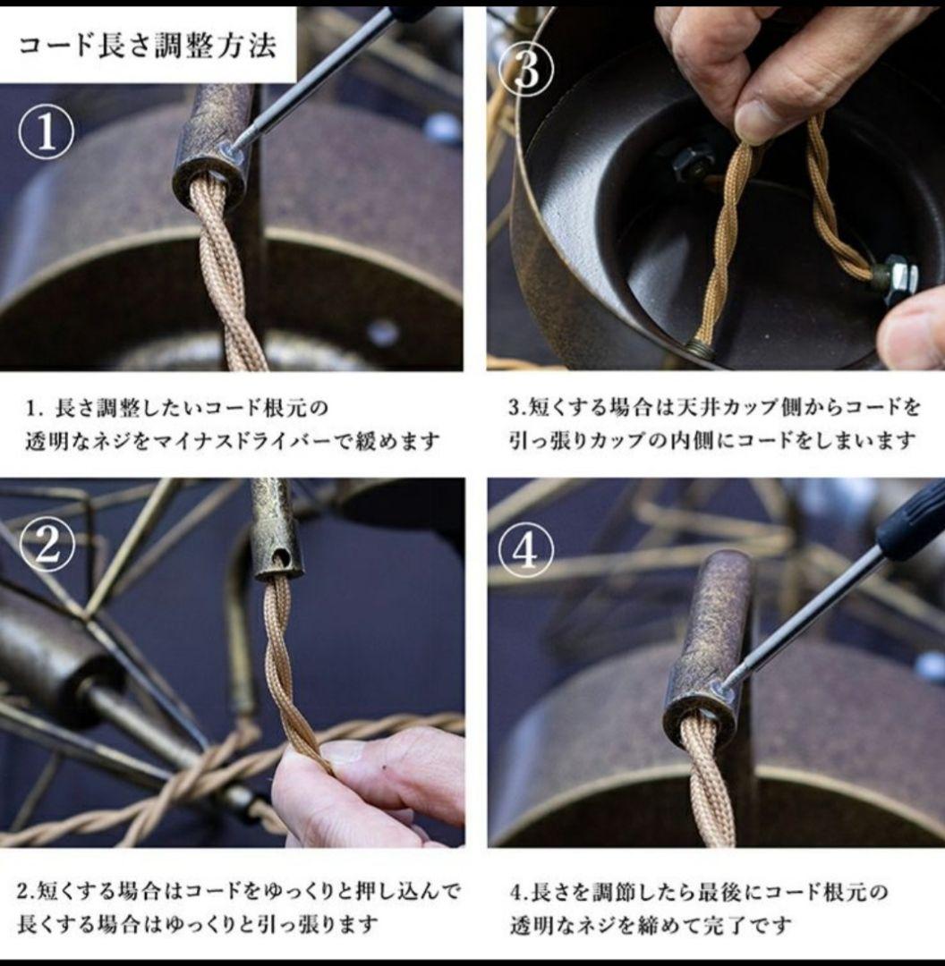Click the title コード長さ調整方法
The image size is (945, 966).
pos(148,44)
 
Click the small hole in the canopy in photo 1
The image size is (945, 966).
pos(383,333)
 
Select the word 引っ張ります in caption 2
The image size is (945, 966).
pos(322,924)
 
